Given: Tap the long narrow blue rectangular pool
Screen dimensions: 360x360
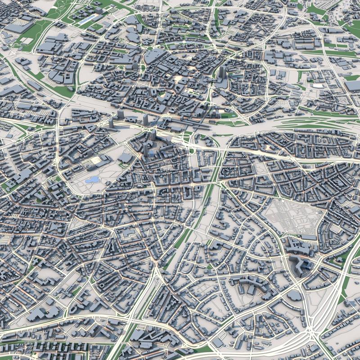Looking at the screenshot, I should [x=88, y=18].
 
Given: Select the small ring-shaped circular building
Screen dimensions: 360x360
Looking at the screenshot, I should [x=103, y=285].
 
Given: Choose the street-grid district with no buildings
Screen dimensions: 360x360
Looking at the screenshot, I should [x=292, y=218].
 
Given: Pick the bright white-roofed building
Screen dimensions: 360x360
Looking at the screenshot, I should [x=319, y=85].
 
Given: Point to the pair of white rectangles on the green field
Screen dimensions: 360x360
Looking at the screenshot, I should [x=27, y=41].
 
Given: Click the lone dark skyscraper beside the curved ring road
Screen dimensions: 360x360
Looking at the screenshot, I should [x=223, y=72].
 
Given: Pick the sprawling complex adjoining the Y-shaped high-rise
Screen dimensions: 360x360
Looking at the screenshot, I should [x=297, y=247].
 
